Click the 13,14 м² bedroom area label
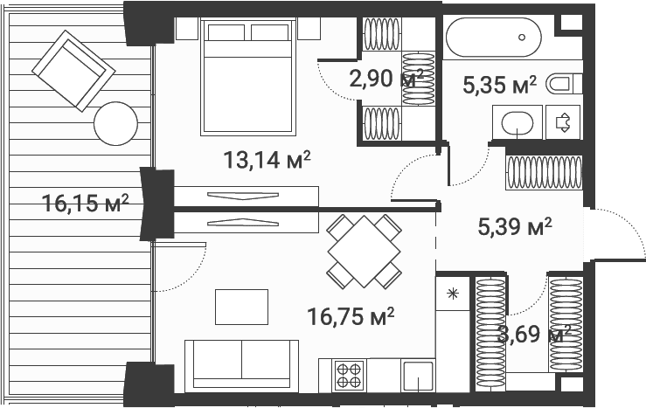tap(267, 160)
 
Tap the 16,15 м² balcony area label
tap(86, 204)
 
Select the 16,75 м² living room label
tap(351, 316)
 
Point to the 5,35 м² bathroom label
tap(500, 86)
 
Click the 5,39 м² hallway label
tap(515, 226)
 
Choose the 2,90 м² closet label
tap(386, 79)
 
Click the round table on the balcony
tap(115, 123)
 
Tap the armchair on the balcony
tap(73, 71)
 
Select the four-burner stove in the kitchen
tap(349, 376)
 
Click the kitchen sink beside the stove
tap(418, 376)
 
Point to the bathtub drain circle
tap(522, 38)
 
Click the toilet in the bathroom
tap(564, 85)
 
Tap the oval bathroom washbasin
tap(517, 122)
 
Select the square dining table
tap(365, 251)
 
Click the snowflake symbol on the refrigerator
tap(452, 294)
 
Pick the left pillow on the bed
tap(226, 32)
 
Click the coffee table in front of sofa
tap(242, 307)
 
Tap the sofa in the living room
tap(241, 365)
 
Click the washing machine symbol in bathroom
tap(563, 122)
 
